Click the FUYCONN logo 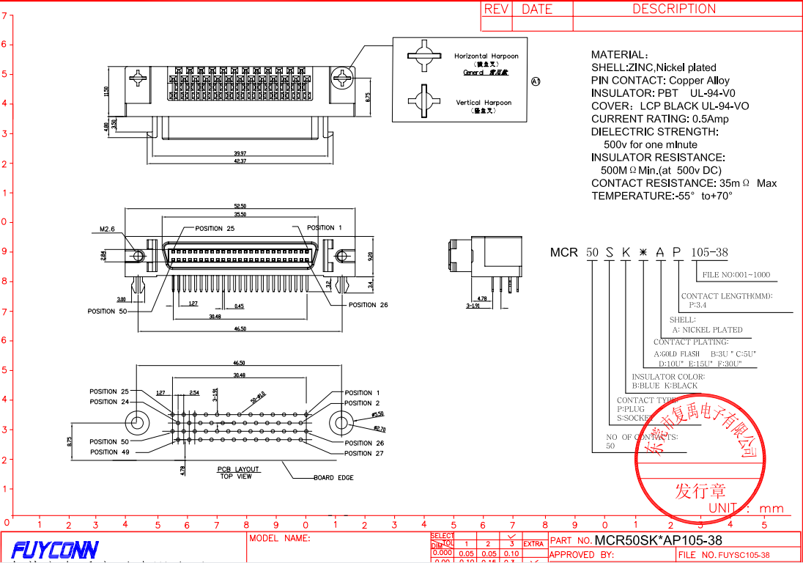click(x=55, y=549)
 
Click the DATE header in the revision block click(x=536, y=9)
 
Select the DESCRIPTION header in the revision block click(x=673, y=9)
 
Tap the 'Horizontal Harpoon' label click(x=486, y=56)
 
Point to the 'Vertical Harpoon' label click(x=484, y=103)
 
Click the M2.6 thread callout click(x=108, y=229)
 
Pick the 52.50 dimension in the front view click(x=239, y=206)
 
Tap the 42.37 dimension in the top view click(x=240, y=161)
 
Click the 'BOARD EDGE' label click(x=333, y=478)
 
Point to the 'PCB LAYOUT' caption click(x=237, y=469)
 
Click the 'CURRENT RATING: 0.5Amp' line click(x=659, y=119)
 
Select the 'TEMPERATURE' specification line click(x=662, y=196)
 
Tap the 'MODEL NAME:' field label click(x=280, y=538)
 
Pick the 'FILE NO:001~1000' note click(x=736, y=275)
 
